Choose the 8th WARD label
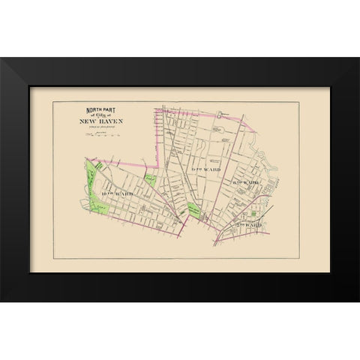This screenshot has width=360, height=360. coord(245,182)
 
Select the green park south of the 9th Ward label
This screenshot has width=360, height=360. coord(194,211)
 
